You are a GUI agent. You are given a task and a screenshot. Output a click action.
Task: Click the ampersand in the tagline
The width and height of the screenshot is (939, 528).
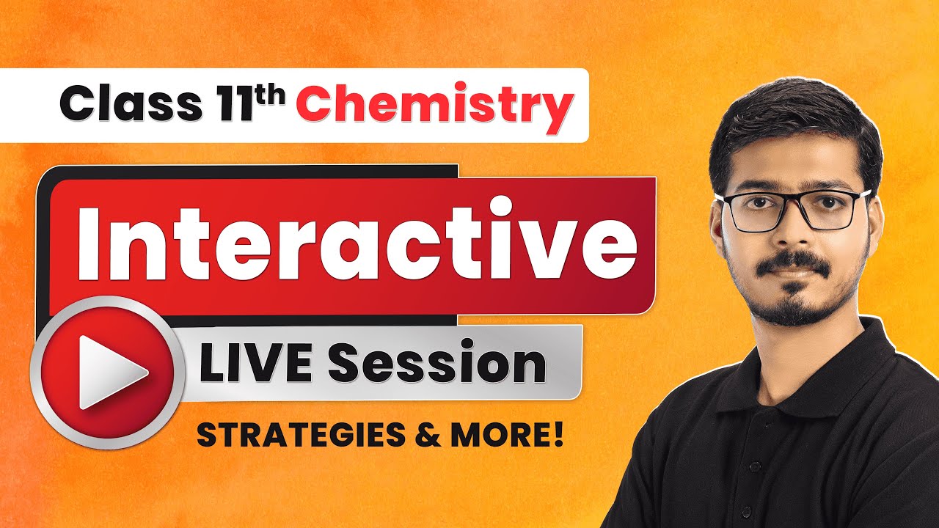tap(419, 436)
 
